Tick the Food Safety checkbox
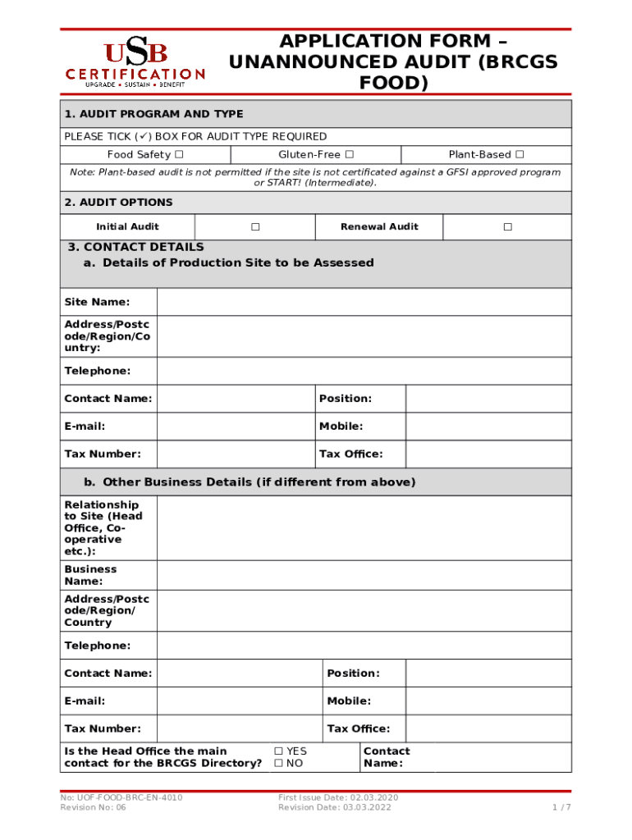(x=179, y=155)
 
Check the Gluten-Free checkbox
(x=350, y=155)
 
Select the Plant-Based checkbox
(x=519, y=155)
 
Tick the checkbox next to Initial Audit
(x=255, y=227)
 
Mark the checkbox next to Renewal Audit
(x=507, y=227)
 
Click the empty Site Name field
(x=364, y=303)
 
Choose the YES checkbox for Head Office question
(x=279, y=751)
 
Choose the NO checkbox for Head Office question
(x=279, y=764)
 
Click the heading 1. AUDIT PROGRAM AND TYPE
(x=154, y=114)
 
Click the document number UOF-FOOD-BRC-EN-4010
(x=121, y=797)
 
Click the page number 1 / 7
(x=561, y=808)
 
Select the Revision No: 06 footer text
(x=94, y=808)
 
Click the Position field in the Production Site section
(x=488, y=399)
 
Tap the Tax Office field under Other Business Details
(x=488, y=728)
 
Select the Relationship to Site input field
(x=364, y=528)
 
